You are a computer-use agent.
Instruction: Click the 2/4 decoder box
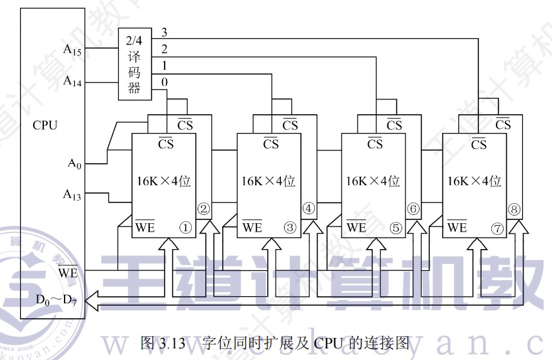coord(134,65)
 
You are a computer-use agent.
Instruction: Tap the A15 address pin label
coord(72,48)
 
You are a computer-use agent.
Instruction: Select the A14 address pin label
coord(72,81)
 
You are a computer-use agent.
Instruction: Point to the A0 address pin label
coord(75,163)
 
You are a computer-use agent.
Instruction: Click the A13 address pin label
coord(72,194)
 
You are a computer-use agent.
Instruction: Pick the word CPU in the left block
coord(45,125)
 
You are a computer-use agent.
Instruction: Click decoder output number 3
coord(164,32)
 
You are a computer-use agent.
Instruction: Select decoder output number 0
coord(164,82)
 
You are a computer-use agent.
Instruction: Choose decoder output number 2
coord(164,49)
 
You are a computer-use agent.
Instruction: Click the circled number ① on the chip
coord(185,227)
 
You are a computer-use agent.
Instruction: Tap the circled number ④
coord(308,208)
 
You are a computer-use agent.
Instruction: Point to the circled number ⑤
coord(395,227)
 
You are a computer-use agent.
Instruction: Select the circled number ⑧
coord(515,208)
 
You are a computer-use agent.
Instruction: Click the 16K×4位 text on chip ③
coord(268,181)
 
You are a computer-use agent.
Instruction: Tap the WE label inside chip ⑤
coord(356,227)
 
